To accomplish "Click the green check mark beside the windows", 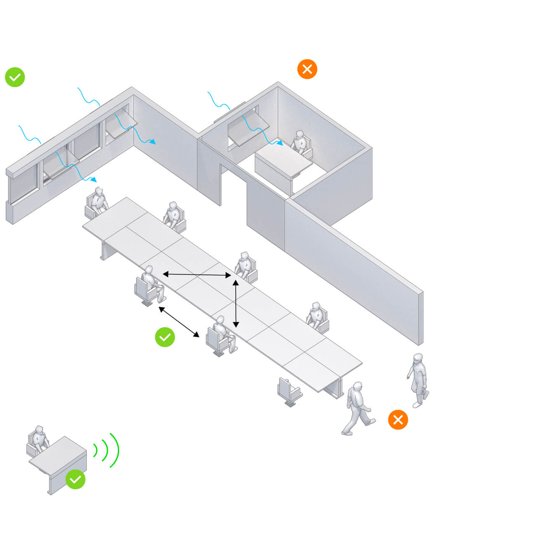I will click(15, 77).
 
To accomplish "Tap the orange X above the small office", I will click(307, 69).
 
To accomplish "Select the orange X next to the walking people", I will click(398, 419).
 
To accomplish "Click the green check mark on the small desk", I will click(76, 479).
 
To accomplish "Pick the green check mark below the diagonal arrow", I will click(165, 337).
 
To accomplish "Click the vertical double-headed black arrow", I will click(236, 304).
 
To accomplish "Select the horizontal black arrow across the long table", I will click(197, 275).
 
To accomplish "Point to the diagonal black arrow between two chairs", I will click(179, 322).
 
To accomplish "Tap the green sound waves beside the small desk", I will click(107, 450).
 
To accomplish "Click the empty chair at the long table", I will click(288, 392).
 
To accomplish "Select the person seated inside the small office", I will click(300, 142).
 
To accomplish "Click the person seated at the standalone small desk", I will click(39, 440).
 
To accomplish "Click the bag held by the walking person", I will click(425, 394).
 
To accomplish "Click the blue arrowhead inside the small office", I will click(280, 143).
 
